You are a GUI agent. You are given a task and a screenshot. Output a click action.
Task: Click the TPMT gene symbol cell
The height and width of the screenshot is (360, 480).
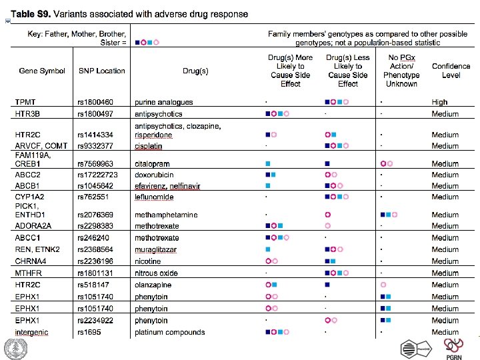click(x=25, y=102)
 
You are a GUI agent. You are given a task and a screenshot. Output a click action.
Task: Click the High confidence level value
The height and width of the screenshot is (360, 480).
click(x=439, y=102)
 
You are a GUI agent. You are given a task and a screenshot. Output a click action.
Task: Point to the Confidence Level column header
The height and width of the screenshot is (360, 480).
click(x=446, y=71)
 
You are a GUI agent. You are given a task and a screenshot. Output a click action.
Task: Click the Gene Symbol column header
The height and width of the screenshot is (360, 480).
click(x=42, y=71)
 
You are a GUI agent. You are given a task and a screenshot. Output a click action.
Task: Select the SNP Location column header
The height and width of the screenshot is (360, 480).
click(x=101, y=71)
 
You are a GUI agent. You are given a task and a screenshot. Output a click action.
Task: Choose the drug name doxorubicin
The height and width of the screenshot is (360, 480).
click(x=154, y=175)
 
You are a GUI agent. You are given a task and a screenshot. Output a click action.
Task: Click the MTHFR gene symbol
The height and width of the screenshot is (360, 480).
click(x=28, y=273)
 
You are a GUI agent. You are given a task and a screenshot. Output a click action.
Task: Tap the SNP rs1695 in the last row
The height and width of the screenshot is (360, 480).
click(x=91, y=332)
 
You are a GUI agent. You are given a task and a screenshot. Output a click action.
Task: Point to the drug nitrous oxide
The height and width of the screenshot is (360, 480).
click(x=156, y=273)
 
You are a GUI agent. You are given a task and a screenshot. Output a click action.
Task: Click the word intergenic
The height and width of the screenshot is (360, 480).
click(x=31, y=332)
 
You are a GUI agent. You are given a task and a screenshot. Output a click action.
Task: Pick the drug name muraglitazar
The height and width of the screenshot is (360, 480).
click(x=155, y=249)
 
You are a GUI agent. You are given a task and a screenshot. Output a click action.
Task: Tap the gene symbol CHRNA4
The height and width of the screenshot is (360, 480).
click(x=31, y=261)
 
